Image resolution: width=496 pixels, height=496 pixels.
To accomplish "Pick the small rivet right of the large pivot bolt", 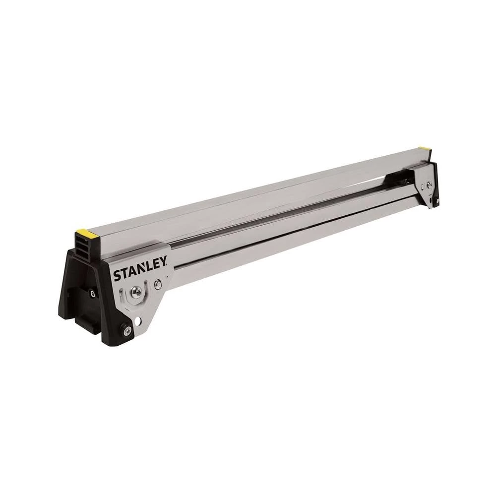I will (157, 284).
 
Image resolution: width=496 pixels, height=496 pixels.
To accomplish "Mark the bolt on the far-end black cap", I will (437, 200).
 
